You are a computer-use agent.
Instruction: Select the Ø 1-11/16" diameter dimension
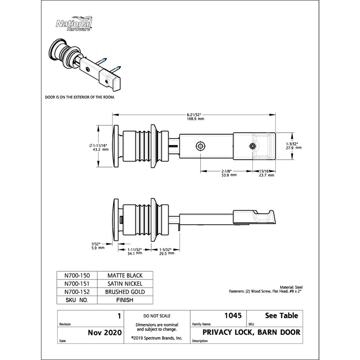99,147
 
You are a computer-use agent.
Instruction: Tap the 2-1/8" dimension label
226,173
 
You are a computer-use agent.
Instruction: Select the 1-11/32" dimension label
135,251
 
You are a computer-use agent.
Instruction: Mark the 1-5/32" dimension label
167,251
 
